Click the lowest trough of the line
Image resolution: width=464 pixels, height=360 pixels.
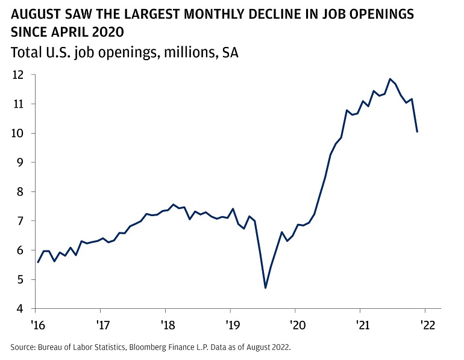pos(265,288)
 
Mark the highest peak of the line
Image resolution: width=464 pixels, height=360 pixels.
pos(390,79)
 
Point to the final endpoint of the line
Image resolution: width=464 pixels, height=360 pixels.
pos(417,132)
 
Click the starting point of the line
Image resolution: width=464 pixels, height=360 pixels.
pos(37,262)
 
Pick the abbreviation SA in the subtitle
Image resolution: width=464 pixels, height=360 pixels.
pos(230,53)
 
